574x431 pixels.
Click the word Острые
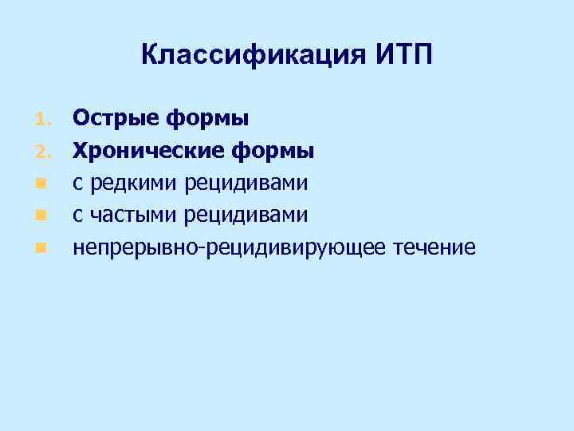pos(117,119)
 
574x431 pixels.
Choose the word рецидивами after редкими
pos(247,184)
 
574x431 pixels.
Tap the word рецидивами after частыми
pos(247,215)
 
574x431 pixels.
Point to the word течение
pos(435,247)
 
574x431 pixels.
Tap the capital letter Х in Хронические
pos(81,151)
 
